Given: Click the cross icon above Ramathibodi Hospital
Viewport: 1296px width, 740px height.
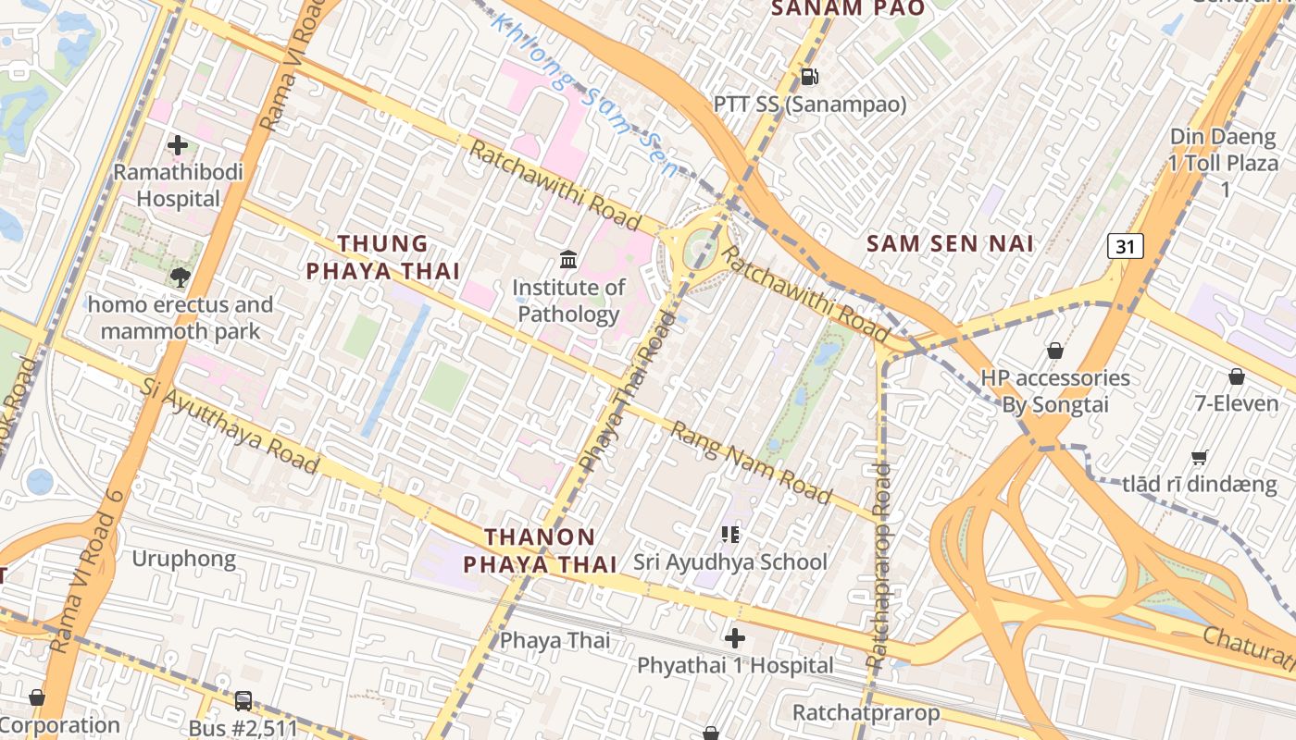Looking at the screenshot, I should [178, 145].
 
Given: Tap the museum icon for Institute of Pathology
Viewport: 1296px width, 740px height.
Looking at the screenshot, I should [568, 260].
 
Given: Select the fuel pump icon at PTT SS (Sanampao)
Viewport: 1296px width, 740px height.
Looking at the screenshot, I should [809, 77].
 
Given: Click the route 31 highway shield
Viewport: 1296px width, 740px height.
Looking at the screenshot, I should [1125, 246].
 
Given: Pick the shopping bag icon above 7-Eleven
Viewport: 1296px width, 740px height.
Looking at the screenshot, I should [1236, 376].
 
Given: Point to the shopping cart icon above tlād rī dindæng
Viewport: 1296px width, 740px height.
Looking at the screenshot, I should [1200, 457].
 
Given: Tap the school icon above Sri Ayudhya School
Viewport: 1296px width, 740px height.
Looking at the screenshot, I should [730, 535].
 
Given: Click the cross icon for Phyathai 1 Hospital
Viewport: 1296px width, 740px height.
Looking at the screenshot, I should [735, 638].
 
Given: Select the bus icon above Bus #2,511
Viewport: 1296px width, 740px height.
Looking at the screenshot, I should [243, 701].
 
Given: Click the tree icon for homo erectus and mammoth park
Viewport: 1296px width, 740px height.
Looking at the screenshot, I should [180, 277].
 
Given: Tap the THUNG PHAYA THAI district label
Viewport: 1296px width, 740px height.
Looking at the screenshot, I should [383, 257].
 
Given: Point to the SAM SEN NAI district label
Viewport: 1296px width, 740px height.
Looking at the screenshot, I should [950, 244].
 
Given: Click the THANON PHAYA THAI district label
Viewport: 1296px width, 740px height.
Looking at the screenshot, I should [541, 550].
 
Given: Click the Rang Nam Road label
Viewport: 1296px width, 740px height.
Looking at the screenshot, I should [751, 462].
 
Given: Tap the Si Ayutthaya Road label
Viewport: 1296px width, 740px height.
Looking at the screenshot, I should [231, 425].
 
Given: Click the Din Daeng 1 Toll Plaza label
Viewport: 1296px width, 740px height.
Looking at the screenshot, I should [1223, 163].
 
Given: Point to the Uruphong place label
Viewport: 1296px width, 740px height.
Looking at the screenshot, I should [183, 559].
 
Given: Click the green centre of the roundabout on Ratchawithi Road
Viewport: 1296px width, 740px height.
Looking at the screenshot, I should [701, 246].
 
